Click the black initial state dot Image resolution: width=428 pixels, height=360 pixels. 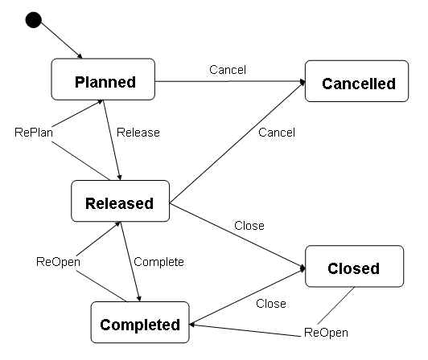tap(33, 20)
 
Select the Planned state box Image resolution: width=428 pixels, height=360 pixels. tap(103, 79)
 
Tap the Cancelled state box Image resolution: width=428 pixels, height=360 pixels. tap(356, 81)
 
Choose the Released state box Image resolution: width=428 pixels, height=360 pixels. tap(120, 201)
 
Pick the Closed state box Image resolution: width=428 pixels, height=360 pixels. tap(354, 266)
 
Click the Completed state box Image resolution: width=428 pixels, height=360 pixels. tap(140, 322)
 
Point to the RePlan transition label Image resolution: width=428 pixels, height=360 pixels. tap(34, 133)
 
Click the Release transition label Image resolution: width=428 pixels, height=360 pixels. tap(138, 133)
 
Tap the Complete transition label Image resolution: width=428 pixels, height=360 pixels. tap(158, 262)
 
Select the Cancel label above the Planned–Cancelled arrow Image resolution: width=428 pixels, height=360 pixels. tap(228, 70)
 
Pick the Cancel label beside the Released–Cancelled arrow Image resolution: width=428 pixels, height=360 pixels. tap(277, 133)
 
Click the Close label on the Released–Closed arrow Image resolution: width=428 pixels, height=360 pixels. tap(249, 226)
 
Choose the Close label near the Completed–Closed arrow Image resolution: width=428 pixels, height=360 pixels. tap(271, 304)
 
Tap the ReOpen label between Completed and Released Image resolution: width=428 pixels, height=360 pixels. tap(58, 262)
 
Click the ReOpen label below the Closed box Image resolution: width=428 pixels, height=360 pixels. tap(326, 333)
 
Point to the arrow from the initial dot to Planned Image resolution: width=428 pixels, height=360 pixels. tap(61, 40)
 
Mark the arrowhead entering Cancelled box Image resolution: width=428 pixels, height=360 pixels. tap(302, 81)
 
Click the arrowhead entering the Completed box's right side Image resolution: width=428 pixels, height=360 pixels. tap(192, 325)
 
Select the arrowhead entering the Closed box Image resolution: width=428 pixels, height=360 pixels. tap(302, 268)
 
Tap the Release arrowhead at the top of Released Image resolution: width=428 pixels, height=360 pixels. tap(120, 178)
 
